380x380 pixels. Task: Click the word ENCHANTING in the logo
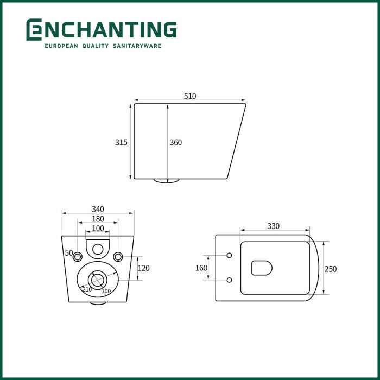tap(102, 30)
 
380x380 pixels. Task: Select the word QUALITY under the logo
tap(96, 46)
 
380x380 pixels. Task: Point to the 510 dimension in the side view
tap(190, 96)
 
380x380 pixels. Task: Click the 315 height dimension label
tap(121, 142)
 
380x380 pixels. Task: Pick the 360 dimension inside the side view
tap(176, 143)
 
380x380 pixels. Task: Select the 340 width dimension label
tap(98, 209)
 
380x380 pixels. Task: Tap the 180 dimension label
tap(98, 219)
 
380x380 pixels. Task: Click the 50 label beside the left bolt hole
tap(69, 253)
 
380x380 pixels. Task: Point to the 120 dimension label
tap(143, 268)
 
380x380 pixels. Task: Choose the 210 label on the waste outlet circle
tap(87, 289)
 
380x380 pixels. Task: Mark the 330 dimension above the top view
tap(274, 226)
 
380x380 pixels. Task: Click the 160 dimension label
tap(201, 268)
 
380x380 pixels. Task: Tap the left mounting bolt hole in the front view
tap(78, 256)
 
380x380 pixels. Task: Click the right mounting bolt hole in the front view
tap(118, 256)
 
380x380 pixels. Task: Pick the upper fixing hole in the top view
tap(229, 255)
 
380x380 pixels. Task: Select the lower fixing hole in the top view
tap(229, 280)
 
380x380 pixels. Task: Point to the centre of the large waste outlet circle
tap(97, 280)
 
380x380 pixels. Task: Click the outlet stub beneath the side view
tap(166, 181)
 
